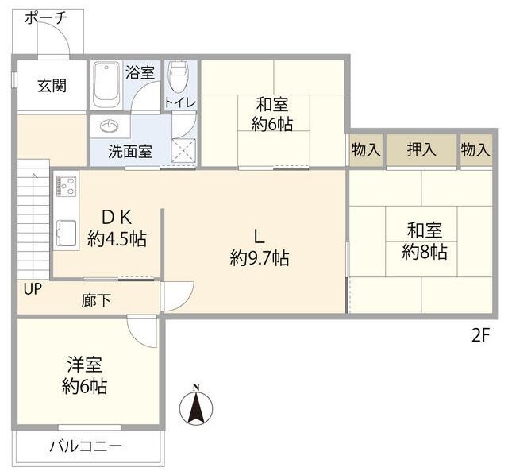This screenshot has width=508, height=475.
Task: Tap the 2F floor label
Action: pyautogui.click(x=481, y=335)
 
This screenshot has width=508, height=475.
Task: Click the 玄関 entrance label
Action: pyautogui.click(x=51, y=85)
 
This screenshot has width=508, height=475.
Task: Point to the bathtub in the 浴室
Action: pyautogui.click(x=106, y=85)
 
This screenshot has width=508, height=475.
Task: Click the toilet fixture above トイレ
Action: pyautogui.click(x=178, y=79)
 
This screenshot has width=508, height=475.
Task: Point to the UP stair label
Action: pyautogui.click(x=33, y=289)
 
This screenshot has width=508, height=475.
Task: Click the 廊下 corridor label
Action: pyautogui.click(x=95, y=300)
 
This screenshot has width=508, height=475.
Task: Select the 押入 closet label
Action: pyautogui.click(x=421, y=149)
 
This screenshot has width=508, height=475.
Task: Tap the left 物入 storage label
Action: pyautogui.click(x=366, y=149)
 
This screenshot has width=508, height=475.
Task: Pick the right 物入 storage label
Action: pyautogui.click(x=475, y=149)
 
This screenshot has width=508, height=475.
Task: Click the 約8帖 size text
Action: pyautogui.click(x=425, y=253)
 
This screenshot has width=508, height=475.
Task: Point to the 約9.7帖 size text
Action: pyautogui.click(x=259, y=257)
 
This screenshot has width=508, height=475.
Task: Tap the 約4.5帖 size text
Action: pyautogui.click(x=117, y=237)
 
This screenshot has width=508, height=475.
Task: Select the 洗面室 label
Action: pyautogui.click(x=131, y=151)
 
